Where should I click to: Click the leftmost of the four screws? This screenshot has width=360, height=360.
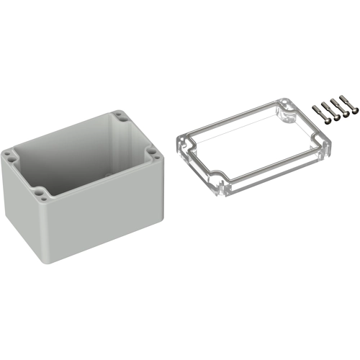tap(318, 112)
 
